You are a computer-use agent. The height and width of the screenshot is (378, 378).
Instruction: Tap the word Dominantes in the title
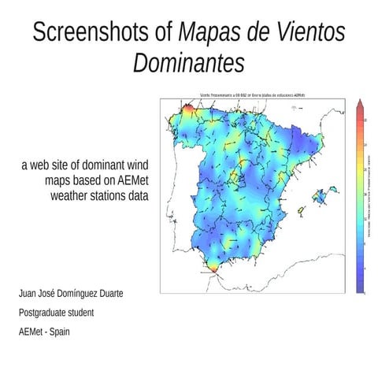click(x=189, y=63)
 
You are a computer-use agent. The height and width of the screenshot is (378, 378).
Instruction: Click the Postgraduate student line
click(x=57, y=313)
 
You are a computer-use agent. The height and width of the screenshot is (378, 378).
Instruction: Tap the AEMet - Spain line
click(x=46, y=331)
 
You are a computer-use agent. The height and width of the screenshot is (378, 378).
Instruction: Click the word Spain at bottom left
click(x=60, y=331)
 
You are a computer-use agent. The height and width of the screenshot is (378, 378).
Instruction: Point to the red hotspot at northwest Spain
click(x=188, y=109)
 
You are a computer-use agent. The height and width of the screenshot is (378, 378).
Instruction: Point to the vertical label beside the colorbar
click(x=369, y=197)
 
